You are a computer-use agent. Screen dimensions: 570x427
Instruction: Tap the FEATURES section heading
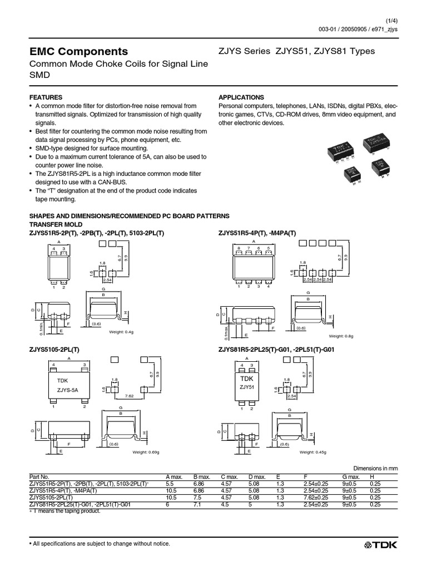point(46,97)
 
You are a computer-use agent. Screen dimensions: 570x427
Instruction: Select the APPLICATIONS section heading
point(241,97)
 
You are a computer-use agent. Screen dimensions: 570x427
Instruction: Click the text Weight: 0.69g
point(146,451)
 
